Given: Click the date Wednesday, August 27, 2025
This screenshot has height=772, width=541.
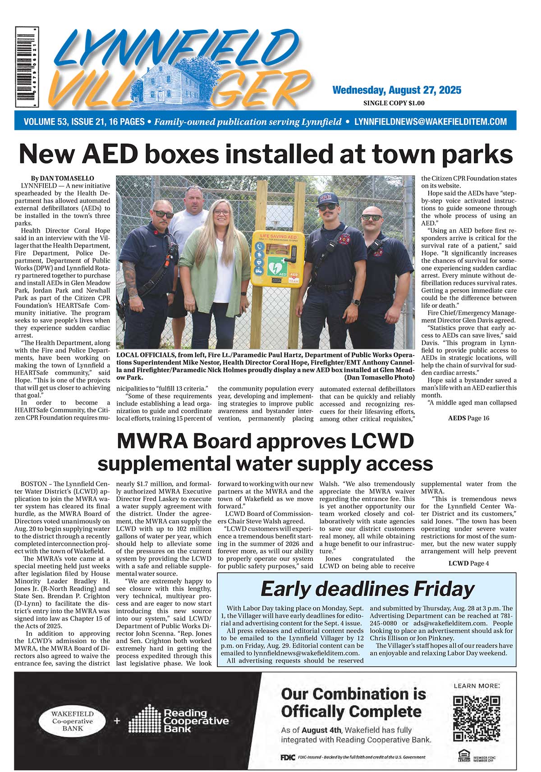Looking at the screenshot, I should (397, 90).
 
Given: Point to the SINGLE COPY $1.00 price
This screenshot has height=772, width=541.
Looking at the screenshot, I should (394, 103).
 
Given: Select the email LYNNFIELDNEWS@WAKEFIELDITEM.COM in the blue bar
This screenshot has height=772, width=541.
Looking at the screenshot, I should (431, 122).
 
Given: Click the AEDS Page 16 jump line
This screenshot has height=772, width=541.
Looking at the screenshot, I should (468, 418).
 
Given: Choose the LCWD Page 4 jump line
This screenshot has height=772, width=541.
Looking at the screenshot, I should (468, 563).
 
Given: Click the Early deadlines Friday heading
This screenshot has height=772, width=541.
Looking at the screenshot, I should (367, 589).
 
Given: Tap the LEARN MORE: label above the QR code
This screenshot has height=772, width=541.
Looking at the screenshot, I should (476, 685).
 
